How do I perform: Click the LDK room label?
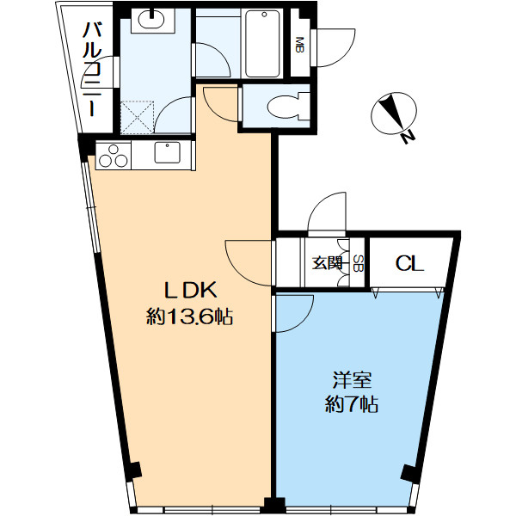191,291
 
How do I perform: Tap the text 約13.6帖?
190,317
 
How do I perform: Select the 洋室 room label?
352,380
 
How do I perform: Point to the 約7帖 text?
352,404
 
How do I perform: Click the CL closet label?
409,264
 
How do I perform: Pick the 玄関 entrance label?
327,263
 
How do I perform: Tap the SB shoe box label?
358,263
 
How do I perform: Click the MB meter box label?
300,45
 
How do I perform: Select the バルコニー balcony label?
92,69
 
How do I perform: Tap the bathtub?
263,43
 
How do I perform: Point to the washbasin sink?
151,20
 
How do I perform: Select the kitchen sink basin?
168,152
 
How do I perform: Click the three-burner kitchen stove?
114,156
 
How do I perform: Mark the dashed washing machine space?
138,118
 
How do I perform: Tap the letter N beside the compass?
408,137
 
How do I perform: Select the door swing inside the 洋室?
294,314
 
